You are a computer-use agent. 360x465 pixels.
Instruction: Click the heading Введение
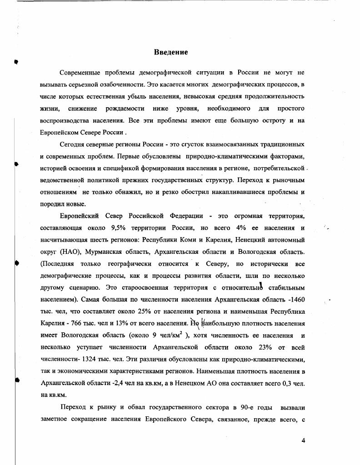171,52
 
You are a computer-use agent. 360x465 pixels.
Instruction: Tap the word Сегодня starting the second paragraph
73,144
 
